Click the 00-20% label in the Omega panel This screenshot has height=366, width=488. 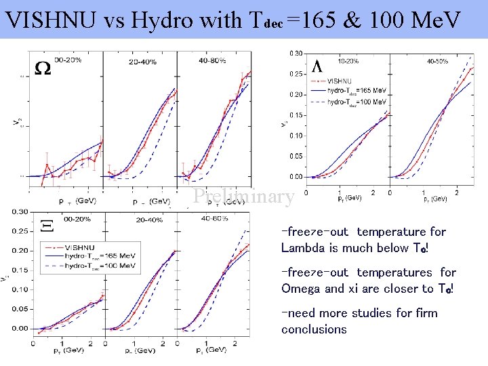point(68,60)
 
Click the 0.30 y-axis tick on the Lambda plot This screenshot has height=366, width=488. point(296,53)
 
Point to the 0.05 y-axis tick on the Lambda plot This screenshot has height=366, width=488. point(296,157)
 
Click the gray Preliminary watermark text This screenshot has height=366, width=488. point(243,197)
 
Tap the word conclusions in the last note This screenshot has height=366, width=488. point(314,329)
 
